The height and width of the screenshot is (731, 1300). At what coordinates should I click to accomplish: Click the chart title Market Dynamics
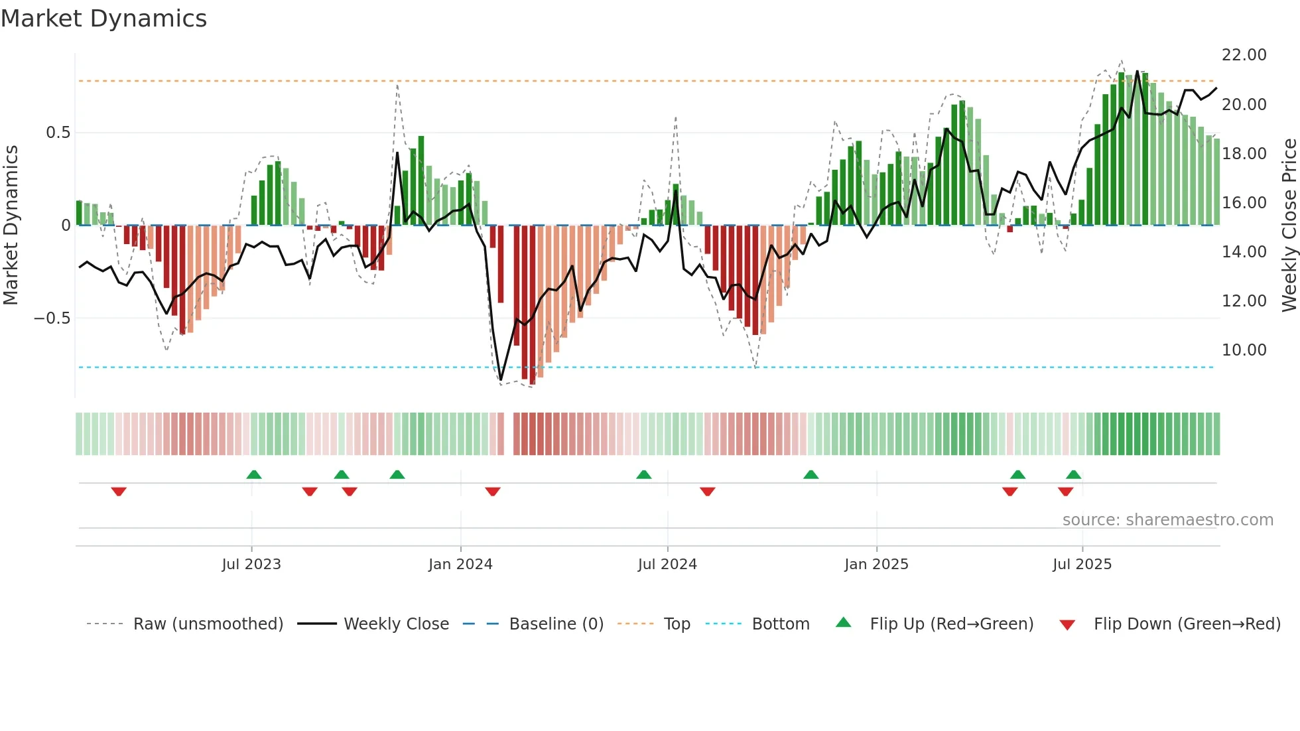pos(104,19)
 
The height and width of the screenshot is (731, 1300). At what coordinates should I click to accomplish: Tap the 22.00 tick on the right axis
pos(1244,55)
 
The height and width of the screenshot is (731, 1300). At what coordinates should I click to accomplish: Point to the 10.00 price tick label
pos(1244,350)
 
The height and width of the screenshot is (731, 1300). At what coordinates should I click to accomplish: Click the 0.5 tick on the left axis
pos(58,133)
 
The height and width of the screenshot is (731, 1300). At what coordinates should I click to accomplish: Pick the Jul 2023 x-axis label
pos(251,565)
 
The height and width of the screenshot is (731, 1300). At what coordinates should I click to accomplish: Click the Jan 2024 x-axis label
pos(460,565)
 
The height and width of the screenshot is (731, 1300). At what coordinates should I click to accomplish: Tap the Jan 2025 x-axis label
pos(876,565)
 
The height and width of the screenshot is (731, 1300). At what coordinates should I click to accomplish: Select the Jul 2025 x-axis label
pos(1082,565)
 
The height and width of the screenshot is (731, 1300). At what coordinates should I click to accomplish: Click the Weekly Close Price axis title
pos(1289,226)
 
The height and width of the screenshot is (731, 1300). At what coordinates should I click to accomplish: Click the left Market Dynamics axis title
pos(11,226)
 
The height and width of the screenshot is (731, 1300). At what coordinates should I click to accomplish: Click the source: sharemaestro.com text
pos(1167,520)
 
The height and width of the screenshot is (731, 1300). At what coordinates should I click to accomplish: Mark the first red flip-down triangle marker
pos(119,492)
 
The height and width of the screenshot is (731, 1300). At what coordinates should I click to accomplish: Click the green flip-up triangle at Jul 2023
pos(254,474)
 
